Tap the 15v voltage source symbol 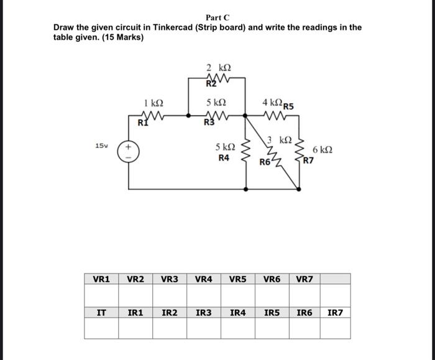(129, 152)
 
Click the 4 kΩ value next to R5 (271, 102)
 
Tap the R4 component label (224, 158)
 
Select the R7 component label (309, 160)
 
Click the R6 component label (265, 162)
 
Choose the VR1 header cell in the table (101, 279)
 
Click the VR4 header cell (204, 279)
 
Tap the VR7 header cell (305, 279)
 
